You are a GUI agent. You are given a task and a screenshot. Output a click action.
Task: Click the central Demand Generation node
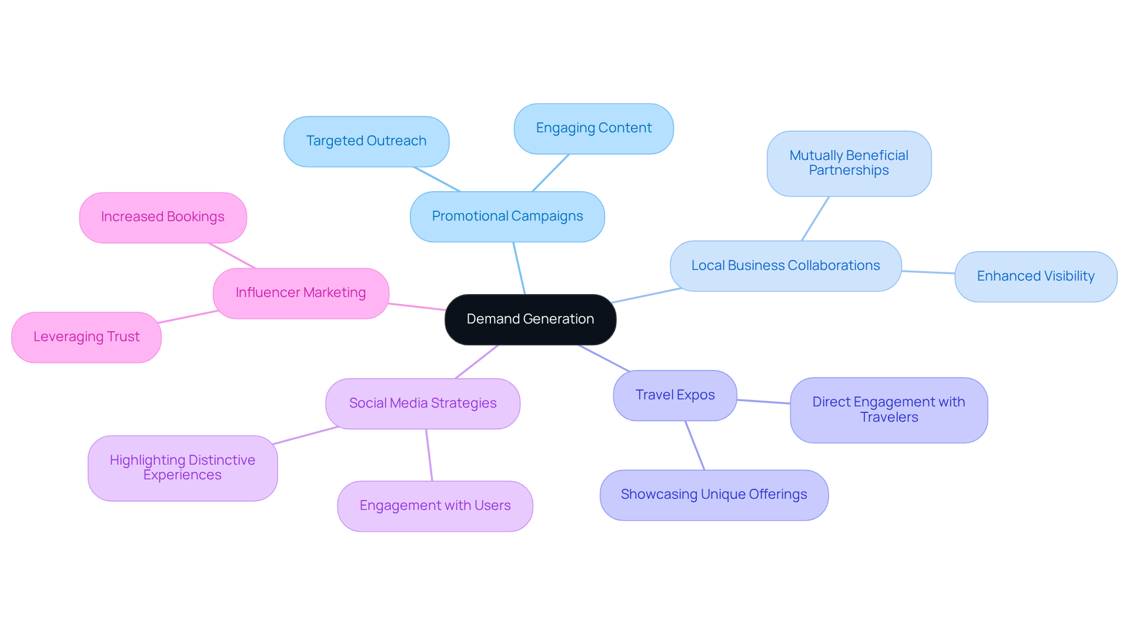[x=530, y=319]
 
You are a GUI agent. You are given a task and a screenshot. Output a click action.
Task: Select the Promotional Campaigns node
[x=507, y=216]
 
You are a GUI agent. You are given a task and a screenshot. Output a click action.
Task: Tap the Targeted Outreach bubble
[x=366, y=141]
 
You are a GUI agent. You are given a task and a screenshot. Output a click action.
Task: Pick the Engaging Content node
[x=593, y=128]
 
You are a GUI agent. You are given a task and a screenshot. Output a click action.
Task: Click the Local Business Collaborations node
[x=785, y=266]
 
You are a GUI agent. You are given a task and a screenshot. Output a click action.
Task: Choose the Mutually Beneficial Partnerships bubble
[x=849, y=164]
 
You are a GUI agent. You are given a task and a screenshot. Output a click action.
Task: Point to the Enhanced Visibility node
[x=1035, y=276]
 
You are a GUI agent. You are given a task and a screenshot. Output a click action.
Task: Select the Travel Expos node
[x=674, y=395]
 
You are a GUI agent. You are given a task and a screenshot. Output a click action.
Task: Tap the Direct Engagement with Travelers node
[x=888, y=410]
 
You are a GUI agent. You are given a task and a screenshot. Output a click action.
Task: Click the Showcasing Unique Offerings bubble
[x=713, y=495]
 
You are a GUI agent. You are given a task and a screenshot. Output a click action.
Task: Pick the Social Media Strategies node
[x=422, y=403]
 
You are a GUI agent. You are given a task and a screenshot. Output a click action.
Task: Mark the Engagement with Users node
[x=435, y=506]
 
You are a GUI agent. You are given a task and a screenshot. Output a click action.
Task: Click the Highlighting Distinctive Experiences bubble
[x=182, y=468]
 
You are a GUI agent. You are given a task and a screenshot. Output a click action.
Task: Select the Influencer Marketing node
[x=300, y=293]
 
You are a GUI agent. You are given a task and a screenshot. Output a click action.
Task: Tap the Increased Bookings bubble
[x=162, y=217]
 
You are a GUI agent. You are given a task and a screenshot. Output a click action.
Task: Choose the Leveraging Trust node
[x=86, y=337]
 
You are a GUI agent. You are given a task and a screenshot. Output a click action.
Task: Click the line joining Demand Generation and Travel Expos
[x=604, y=358]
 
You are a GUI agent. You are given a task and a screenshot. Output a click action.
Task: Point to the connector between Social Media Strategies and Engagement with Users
[x=429, y=455]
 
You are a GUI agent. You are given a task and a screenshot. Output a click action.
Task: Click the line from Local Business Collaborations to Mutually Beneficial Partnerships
[x=815, y=219]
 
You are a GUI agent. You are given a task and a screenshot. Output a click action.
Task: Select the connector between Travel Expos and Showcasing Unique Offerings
[x=694, y=445]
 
